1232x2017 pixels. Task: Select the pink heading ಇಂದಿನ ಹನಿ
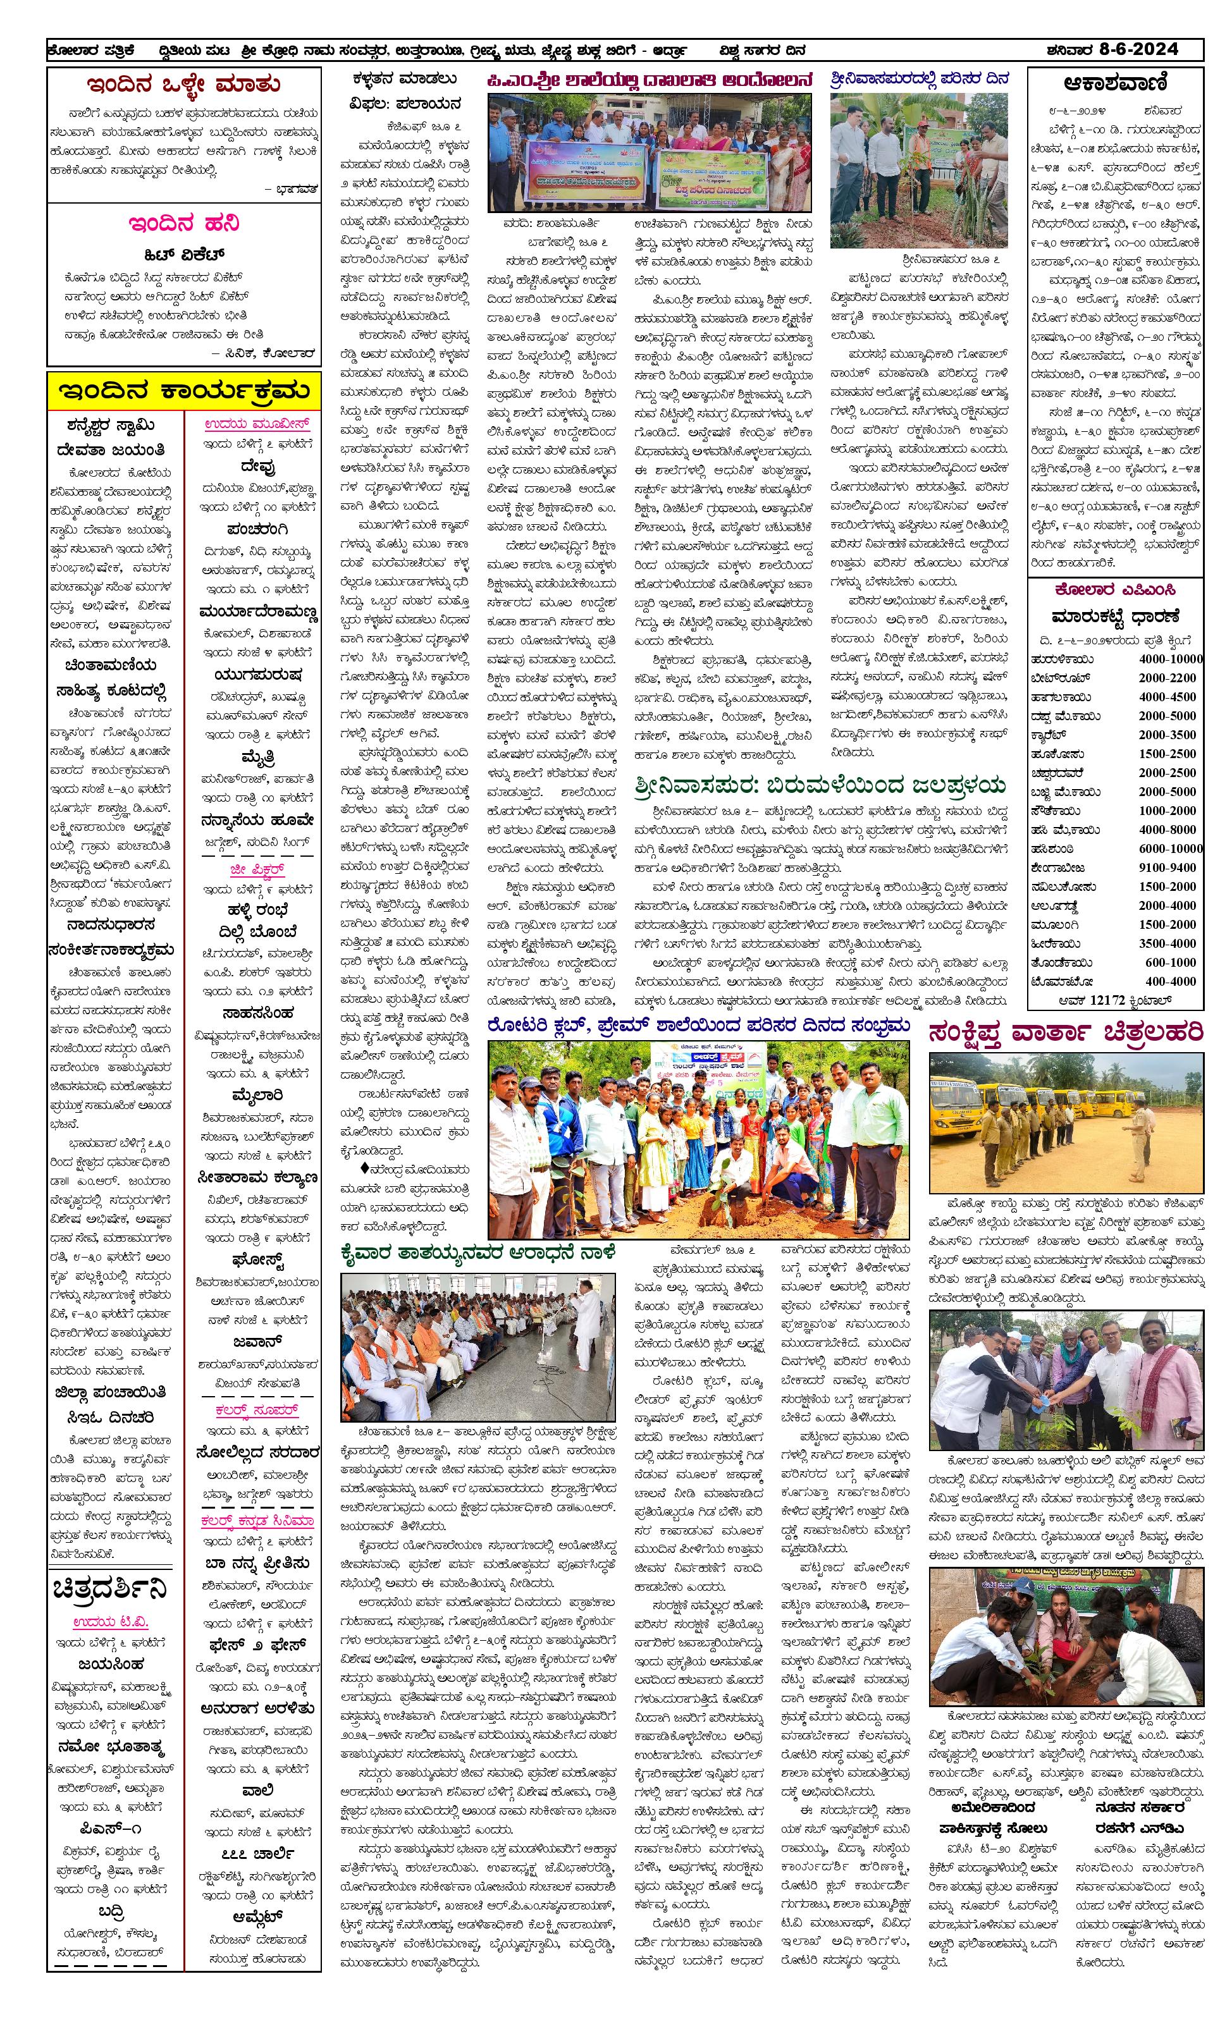tap(183, 223)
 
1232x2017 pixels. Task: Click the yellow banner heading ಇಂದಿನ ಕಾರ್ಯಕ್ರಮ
tap(183, 392)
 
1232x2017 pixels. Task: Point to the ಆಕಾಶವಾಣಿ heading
tap(1114, 83)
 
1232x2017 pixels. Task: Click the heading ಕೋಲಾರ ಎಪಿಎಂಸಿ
tap(1114, 589)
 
